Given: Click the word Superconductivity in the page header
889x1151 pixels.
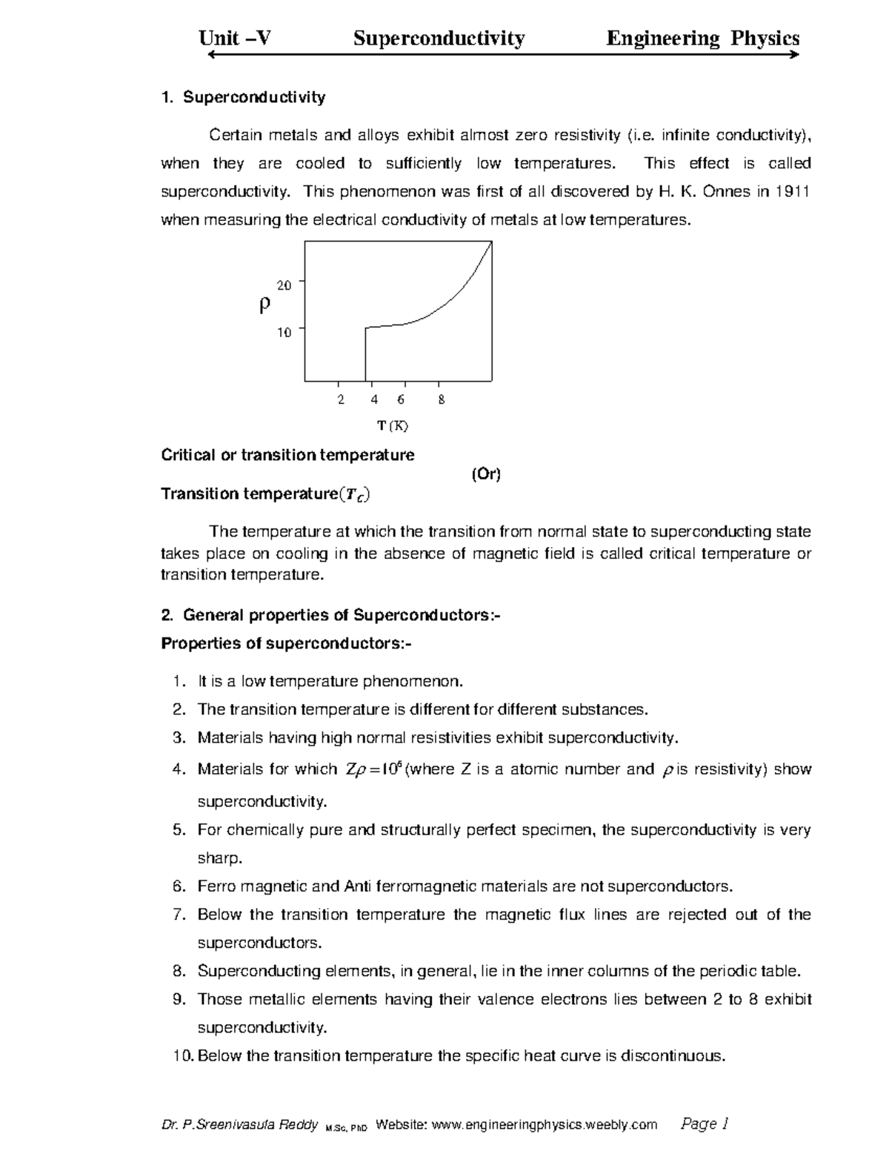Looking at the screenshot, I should (x=439, y=39).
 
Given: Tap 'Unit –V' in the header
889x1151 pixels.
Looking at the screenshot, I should (x=235, y=39).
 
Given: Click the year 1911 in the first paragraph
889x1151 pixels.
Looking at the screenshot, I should (x=792, y=192).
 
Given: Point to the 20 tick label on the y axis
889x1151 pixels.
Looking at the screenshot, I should (x=284, y=285).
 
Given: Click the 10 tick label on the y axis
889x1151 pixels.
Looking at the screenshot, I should (x=284, y=333).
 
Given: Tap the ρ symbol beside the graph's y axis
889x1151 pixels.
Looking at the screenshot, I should (x=264, y=305).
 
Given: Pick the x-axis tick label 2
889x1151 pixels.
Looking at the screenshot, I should (x=340, y=400).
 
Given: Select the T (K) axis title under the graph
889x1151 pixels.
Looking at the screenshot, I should (x=392, y=426).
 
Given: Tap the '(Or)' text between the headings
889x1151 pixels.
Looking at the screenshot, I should (x=486, y=475).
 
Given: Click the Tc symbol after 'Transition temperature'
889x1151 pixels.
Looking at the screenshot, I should (x=353, y=495).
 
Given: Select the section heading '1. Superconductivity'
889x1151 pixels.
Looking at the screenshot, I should (x=243, y=97).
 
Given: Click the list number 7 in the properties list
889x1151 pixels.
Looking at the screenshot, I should (x=178, y=915).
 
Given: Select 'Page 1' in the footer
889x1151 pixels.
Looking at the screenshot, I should (x=705, y=1124).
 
